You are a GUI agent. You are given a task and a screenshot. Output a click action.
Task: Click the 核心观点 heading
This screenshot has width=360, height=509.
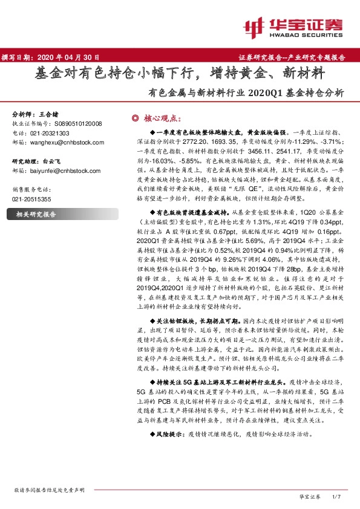click(x=162, y=117)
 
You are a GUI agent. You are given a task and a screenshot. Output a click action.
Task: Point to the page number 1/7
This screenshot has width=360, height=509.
click(x=336, y=496)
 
